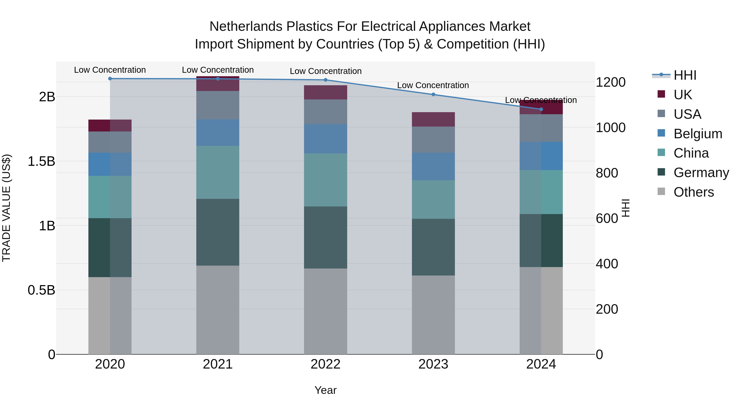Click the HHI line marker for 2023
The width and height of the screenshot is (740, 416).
coord(433,94)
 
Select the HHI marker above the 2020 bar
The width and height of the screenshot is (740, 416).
coord(110,79)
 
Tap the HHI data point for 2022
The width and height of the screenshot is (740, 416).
coord(325,80)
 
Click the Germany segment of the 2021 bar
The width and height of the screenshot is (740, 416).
coord(218,232)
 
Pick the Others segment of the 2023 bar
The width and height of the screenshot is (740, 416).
coord(433,315)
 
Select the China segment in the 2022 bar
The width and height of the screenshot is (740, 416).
coord(325,180)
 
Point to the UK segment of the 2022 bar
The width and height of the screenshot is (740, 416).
coord(325,92)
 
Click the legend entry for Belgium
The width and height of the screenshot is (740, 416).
coord(697,134)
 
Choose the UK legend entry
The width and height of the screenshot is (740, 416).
coord(682,95)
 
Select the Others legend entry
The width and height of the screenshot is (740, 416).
coord(694,192)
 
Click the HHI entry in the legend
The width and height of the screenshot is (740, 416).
coord(685,75)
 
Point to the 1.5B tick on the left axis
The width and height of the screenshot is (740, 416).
coord(41,161)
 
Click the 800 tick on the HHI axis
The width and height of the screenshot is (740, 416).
coord(607,173)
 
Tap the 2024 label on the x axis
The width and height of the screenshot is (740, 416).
coord(541,364)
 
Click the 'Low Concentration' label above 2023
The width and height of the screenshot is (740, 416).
coord(433,85)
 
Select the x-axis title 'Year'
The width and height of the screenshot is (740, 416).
coord(325,390)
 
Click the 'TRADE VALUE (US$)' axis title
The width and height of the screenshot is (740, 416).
coord(6,208)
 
